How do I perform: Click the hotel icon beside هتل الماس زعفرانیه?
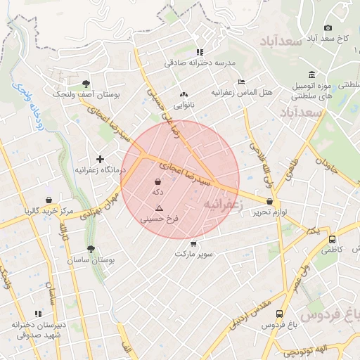pos(241,82)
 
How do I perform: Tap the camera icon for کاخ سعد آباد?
pos(328,27)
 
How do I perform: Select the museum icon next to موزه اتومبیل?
pos(311,75)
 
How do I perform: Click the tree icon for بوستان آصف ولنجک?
pos(86,82)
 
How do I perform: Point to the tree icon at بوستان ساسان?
pos(90,249)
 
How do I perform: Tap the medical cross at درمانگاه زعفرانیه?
pos(101,159)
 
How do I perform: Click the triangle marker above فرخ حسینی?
pos(159,208)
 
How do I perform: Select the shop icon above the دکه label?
pos(157,181)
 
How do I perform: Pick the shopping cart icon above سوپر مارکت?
pos(193,243)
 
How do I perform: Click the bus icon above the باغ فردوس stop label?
pos(280,314)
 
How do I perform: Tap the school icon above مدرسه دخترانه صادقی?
pos(200,51)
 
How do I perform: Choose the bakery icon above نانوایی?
pos(184,94)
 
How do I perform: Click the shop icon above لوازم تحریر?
pos(271,201)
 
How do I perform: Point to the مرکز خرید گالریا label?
pos(48,210)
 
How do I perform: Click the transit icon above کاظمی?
pos(333,239)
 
